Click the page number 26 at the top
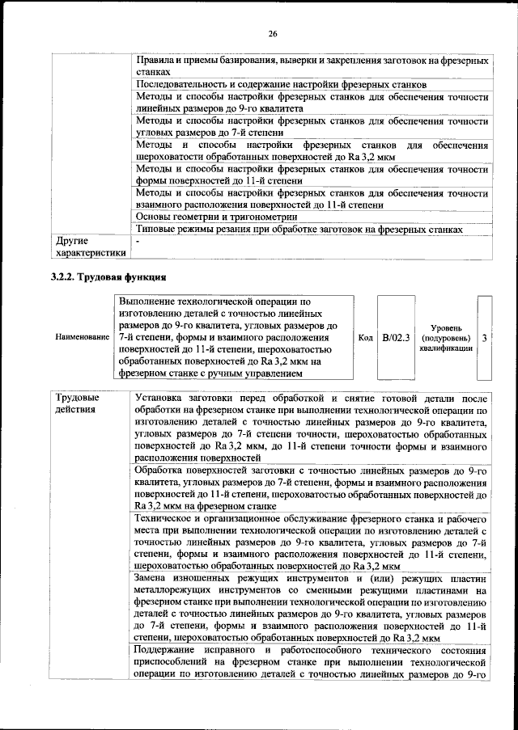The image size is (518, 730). tap(273, 33)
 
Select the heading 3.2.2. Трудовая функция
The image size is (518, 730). tap(103, 277)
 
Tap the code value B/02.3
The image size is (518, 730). tap(397, 336)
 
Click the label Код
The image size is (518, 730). tap(364, 336)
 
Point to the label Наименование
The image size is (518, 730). tap(82, 336)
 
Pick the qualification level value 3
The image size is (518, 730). tap(484, 336)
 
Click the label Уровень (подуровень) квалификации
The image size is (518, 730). tap(445, 336)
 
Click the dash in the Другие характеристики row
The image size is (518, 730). tap(138, 241)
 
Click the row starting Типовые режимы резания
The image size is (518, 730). tap(299, 229)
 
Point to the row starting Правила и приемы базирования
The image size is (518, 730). tap(311, 66)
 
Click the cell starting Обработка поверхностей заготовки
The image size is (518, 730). tap(311, 487)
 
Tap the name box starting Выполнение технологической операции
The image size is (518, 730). tap(235, 336)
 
